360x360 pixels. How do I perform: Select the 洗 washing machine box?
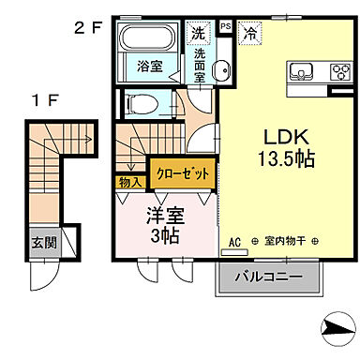click(x=197, y=33)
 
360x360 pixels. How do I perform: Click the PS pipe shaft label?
click(x=225, y=26)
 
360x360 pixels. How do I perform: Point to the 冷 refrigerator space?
click(x=249, y=33)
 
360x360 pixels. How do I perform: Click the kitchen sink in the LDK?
click(x=303, y=71)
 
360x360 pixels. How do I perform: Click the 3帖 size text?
click(x=165, y=235)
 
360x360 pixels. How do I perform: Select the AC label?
click(x=234, y=242)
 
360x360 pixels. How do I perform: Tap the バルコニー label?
click(x=269, y=277)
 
